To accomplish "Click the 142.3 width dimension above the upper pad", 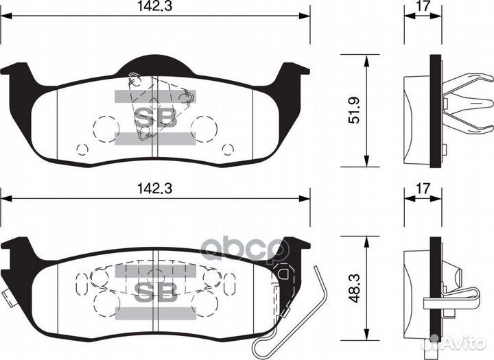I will [155, 8].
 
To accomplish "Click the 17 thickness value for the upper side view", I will [423, 9].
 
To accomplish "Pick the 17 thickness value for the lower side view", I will [423, 186].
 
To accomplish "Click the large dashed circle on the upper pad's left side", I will [105, 126].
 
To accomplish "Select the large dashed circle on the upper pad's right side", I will [204, 126].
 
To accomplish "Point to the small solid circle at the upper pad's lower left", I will [82, 149].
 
